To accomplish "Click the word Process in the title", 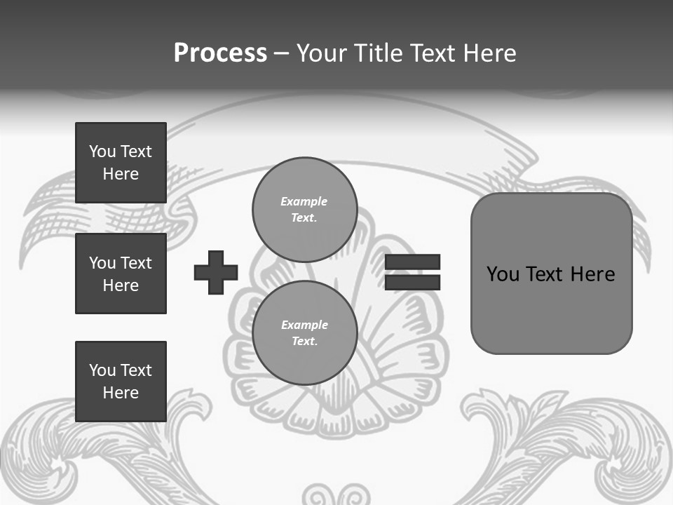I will [220, 53].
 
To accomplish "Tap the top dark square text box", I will [121, 163].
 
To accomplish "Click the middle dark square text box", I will [121, 274].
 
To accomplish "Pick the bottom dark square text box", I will [121, 381].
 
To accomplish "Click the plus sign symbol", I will [216, 272].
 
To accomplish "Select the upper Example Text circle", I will [304, 210].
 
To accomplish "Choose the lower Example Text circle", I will [304, 333].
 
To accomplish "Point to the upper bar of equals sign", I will [412, 262].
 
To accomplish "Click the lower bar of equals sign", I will [412, 282].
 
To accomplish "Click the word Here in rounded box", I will [592, 274].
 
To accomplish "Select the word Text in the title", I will [435, 53].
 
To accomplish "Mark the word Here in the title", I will [491, 53].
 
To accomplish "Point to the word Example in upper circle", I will [304, 201].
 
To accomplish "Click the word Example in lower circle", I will [304, 325].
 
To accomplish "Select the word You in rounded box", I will [503, 274].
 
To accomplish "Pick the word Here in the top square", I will [121, 174].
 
